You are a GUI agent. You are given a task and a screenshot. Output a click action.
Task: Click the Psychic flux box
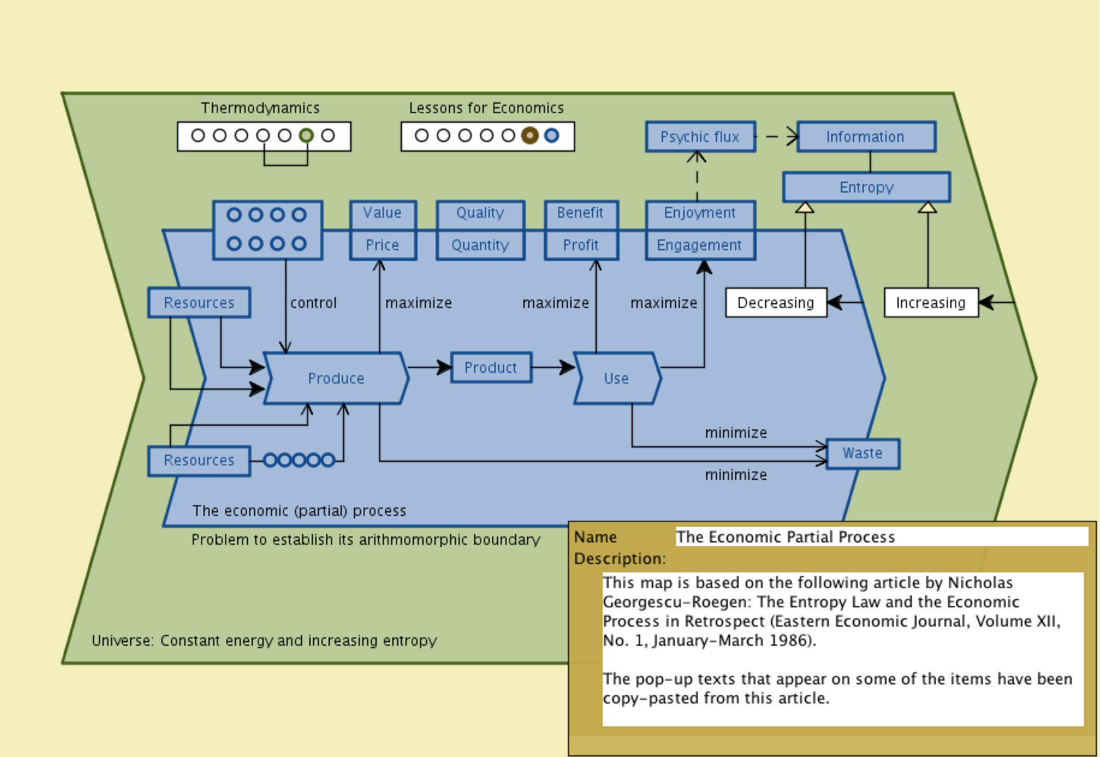click(x=700, y=136)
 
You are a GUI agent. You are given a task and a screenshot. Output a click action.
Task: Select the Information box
click(x=866, y=136)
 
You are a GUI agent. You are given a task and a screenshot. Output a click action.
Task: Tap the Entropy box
click(x=866, y=187)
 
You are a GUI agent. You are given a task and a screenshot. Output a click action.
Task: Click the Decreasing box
click(x=776, y=303)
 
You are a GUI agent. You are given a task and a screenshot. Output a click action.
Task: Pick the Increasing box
click(x=930, y=303)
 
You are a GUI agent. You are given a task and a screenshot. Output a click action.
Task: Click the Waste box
click(x=862, y=453)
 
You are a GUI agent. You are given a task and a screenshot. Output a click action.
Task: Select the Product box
click(x=490, y=367)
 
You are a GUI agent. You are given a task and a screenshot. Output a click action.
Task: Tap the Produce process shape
click(x=336, y=378)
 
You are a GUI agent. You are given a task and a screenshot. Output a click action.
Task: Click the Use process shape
click(x=617, y=378)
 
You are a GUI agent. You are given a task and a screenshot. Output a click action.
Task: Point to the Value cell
click(x=383, y=213)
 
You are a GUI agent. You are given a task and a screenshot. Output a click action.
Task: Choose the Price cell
click(x=383, y=245)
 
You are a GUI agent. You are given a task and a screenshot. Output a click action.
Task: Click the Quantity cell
click(x=480, y=245)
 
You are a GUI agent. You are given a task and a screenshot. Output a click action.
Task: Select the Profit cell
click(x=581, y=245)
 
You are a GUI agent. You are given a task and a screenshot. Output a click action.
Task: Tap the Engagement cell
click(x=700, y=245)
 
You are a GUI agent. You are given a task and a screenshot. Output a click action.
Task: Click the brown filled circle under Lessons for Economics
click(x=530, y=136)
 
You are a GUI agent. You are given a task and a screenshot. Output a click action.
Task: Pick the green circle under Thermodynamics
click(x=306, y=136)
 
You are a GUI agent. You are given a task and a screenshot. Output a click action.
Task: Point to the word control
click(x=313, y=303)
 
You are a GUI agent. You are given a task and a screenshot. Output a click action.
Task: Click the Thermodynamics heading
click(x=260, y=108)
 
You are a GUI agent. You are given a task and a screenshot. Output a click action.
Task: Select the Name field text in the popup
click(x=786, y=537)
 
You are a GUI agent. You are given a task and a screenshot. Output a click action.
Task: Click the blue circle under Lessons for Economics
click(x=552, y=136)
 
